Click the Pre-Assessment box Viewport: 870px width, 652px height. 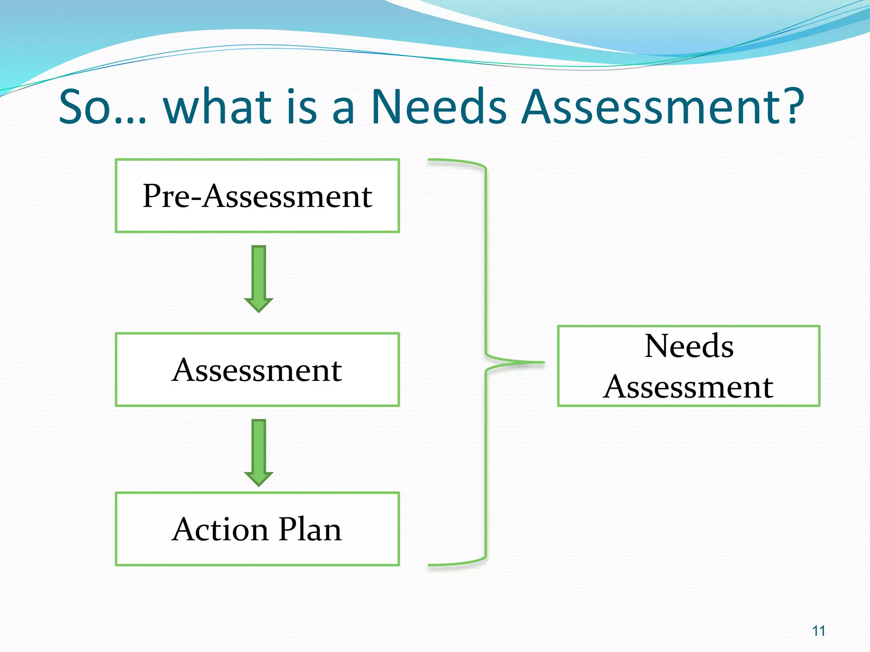pyautogui.click(x=257, y=196)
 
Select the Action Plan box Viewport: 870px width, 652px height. pyautogui.click(x=257, y=529)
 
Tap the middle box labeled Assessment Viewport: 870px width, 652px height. pyautogui.click(x=257, y=370)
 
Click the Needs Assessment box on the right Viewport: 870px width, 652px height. pyautogui.click(x=688, y=366)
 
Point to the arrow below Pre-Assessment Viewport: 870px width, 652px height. pyautogui.click(x=258, y=278)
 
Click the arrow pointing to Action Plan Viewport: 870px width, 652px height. pyautogui.click(x=258, y=452)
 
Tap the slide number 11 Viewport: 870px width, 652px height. pyautogui.click(x=819, y=631)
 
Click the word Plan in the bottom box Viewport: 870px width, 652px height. pyautogui.click(x=310, y=529)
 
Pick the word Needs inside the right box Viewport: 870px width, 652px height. pyautogui.click(x=689, y=346)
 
